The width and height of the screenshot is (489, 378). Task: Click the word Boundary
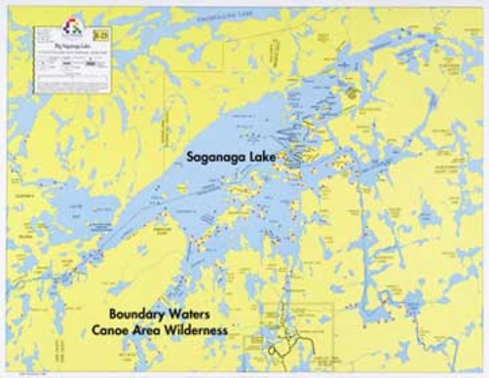pos(137,314)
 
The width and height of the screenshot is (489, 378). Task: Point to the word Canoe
pos(108,330)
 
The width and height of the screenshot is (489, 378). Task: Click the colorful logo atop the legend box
pos(72,27)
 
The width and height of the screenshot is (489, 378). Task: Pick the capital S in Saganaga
pos(191,157)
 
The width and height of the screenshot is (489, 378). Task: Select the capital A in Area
pos(135,330)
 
